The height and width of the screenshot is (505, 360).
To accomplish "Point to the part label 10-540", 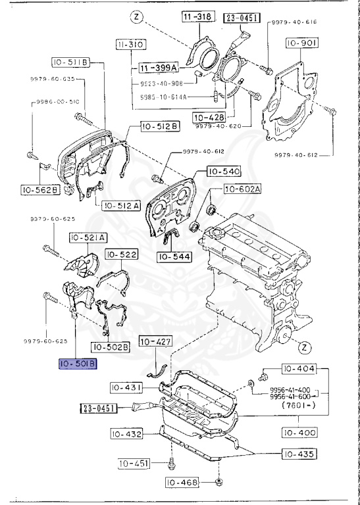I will point(224,171).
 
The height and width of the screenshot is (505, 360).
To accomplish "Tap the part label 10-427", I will point(155,341).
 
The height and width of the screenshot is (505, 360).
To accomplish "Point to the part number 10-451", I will point(134,464).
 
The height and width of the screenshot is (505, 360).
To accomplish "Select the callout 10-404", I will point(299,368).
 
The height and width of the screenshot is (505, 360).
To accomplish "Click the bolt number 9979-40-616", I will point(293,22).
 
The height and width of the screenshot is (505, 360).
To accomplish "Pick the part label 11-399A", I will point(157,68).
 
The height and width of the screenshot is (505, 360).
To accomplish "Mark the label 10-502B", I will point(110,347).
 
